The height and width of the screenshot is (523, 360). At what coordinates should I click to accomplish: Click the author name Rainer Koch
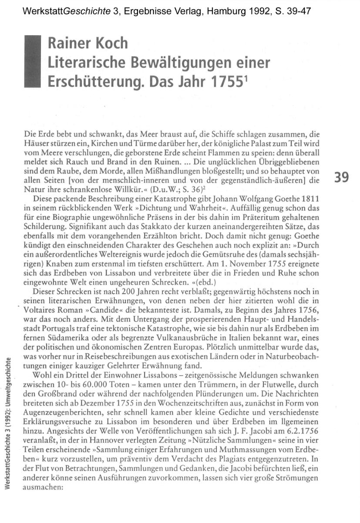point(88,44)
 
